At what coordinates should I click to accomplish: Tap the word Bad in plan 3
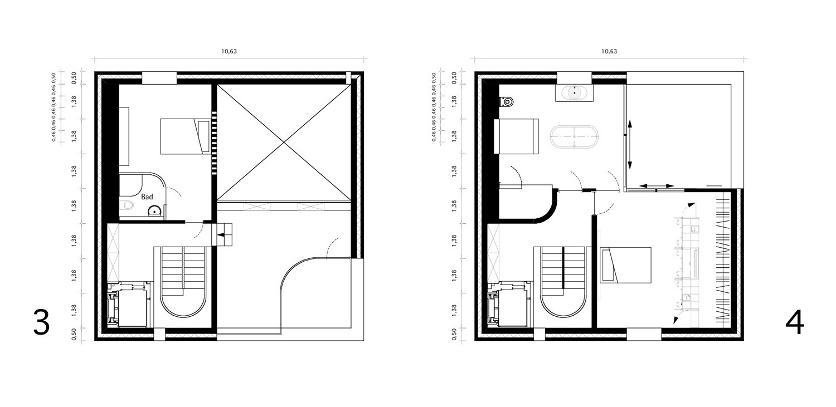click(147, 197)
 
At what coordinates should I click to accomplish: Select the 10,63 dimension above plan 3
click(229, 51)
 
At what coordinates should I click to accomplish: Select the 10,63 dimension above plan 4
click(609, 51)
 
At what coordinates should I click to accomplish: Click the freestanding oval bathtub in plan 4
click(575, 137)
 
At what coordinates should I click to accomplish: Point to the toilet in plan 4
click(506, 101)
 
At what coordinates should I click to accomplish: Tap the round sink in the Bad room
click(154, 212)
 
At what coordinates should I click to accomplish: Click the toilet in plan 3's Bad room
click(127, 205)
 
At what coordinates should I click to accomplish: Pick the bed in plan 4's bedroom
click(626, 264)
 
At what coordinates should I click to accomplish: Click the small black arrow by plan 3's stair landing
click(222, 234)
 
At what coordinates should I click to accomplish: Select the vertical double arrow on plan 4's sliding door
click(630, 145)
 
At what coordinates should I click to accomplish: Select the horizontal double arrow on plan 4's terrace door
click(657, 185)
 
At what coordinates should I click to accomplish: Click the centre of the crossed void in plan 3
click(284, 143)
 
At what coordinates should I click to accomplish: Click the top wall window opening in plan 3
click(159, 78)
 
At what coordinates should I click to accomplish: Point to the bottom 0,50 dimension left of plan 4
click(454, 334)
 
